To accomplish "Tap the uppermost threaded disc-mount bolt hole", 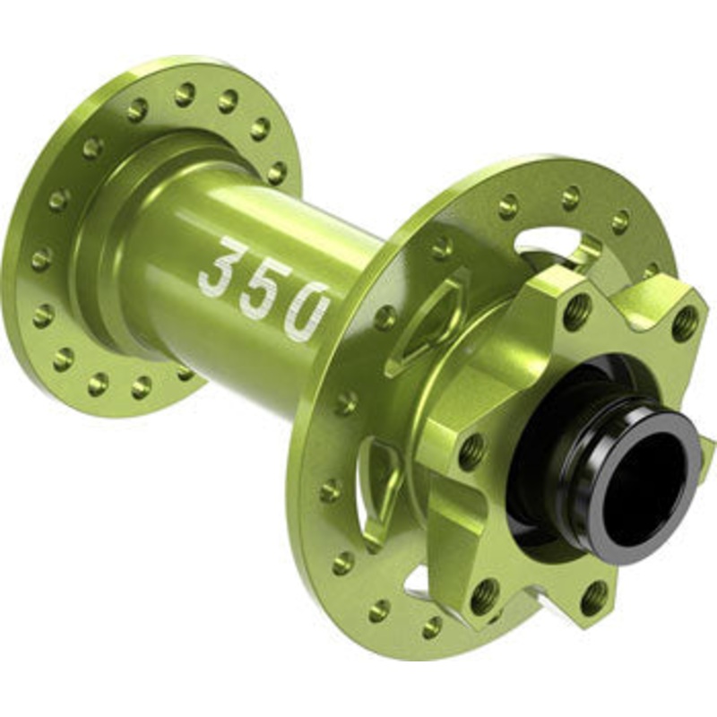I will coord(576,311).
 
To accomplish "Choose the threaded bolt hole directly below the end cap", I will coord(592,598).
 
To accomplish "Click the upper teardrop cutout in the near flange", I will coord(428,319).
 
